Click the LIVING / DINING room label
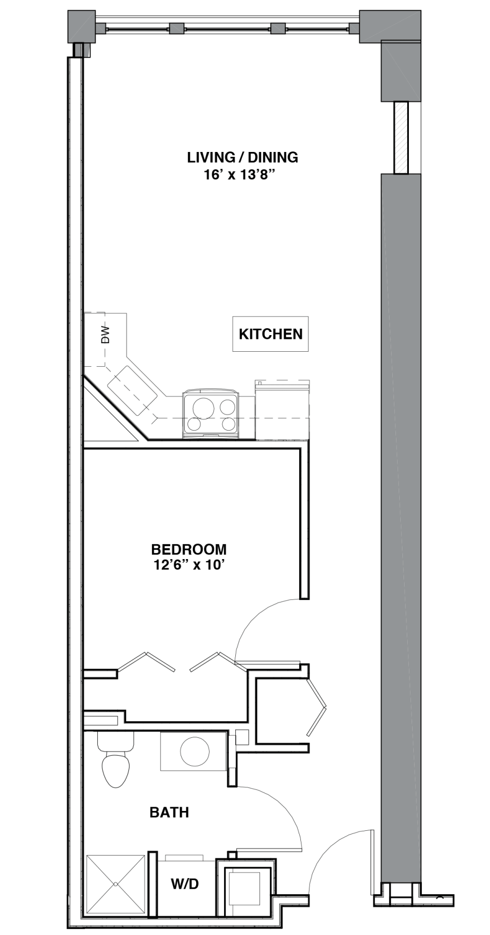(x=242, y=157)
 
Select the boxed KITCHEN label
(x=270, y=334)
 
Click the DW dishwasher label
(x=106, y=335)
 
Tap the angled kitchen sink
(x=132, y=390)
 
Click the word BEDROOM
(x=189, y=549)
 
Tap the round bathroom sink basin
(x=194, y=751)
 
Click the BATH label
(x=169, y=813)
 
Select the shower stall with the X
(x=116, y=884)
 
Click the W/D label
(x=185, y=883)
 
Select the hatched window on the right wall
(x=401, y=137)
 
